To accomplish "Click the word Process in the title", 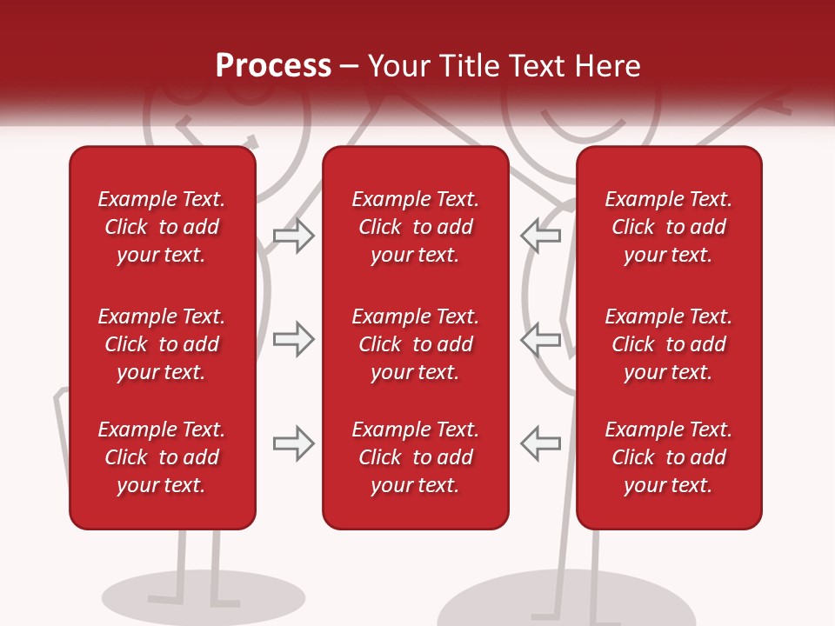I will [x=273, y=66].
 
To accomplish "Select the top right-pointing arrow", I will [x=294, y=236].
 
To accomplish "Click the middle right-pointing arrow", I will [x=294, y=339].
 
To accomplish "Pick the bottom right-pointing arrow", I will [x=294, y=443].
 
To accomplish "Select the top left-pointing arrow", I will [x=541, y=236].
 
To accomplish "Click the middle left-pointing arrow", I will [x=541, y=339].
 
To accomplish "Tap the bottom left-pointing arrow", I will [x=541, y=443].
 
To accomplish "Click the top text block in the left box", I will [x=162, y=227].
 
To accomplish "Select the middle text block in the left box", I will [x=162, y=344].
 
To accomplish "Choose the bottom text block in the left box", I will [x=162, y=457].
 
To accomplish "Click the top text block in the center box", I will [x=415, y=227].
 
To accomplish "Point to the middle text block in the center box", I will [x=415, y=344].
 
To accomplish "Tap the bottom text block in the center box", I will [x=415, y=457].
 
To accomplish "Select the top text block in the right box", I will [x=668, y=227].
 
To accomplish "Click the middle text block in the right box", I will [x=668, y=344].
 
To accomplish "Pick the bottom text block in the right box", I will [x=668, y=457].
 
